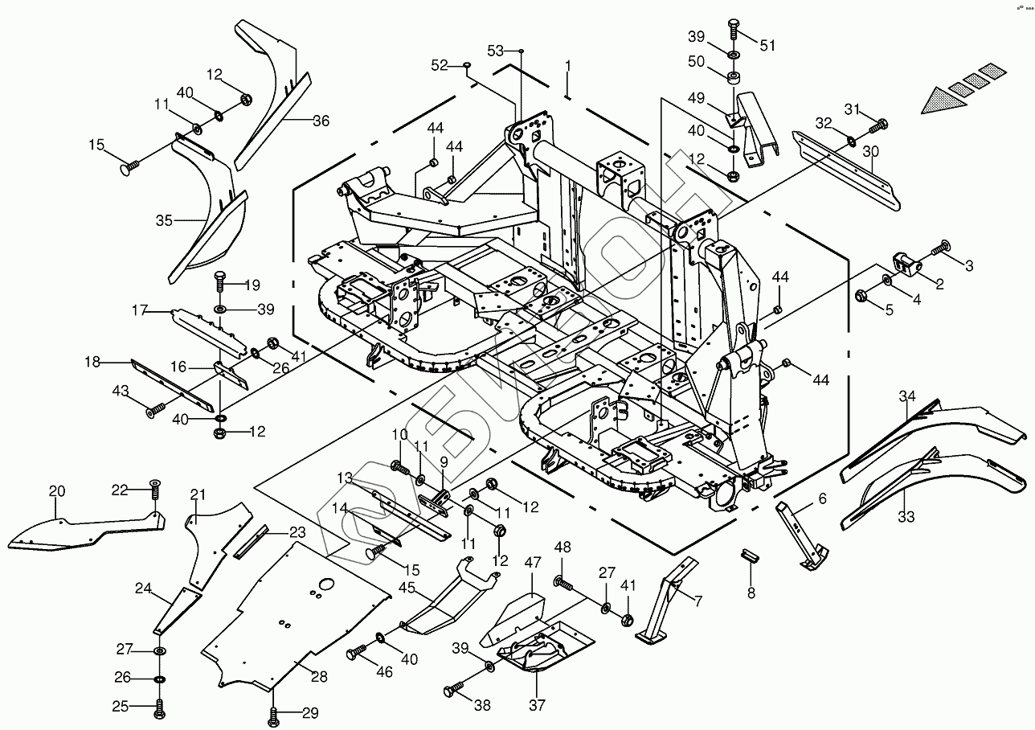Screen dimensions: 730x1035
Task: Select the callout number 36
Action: pos(321,121)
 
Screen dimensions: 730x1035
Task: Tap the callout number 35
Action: pos(164,219)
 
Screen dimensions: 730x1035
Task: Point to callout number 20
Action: pos(56,491)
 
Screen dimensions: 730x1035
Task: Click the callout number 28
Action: pos(319,677)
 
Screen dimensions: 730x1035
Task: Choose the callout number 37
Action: pos(537,706)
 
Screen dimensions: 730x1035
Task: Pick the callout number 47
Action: pos(533,562)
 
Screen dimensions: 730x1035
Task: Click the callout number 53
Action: pos(495,51)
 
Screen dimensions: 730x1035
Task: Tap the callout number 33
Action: pos(906,517)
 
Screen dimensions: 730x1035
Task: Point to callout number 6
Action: pos(822,498)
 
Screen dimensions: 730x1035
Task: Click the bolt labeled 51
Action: pos(734,27)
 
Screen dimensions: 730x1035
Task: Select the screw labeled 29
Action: pos(274,714)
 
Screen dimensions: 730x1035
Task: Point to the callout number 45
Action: pos(407,588)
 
